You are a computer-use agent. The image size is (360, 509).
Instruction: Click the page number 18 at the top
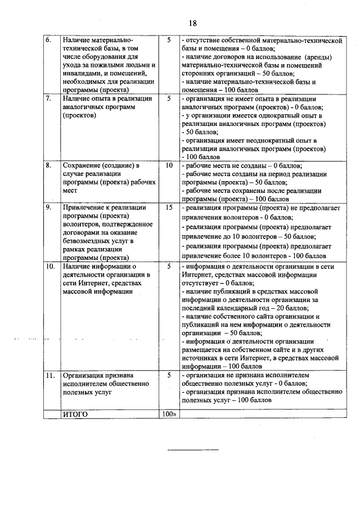(x=192, y=23)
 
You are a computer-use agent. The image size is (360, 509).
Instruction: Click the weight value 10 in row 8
(x=169, y=166)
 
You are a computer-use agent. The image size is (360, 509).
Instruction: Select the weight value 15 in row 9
(x=169, y=208)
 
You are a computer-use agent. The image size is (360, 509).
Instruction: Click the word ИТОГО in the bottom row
(x=75, y=415)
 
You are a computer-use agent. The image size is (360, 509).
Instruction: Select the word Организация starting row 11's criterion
(x=84, y=375)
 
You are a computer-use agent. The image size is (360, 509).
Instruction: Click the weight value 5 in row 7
(x=169, y=98)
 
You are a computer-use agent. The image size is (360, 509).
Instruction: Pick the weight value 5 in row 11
(x=169, y=375)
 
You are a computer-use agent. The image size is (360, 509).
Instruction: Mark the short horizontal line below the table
(x=193, y=449)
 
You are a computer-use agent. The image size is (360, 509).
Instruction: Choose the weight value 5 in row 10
(x=169, y=266)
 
